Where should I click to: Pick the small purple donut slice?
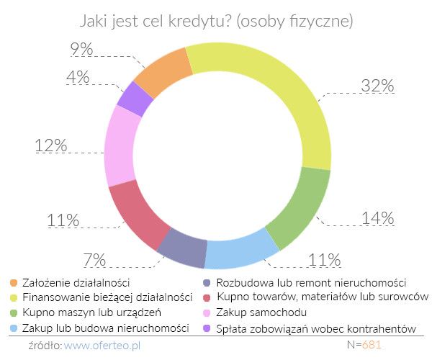(x=135, y=99)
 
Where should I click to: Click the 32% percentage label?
(x=377, y=86)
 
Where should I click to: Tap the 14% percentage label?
(x=377, y=217)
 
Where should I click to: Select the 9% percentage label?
(x=81, y=49)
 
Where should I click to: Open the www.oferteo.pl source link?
(x=104, y=345)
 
